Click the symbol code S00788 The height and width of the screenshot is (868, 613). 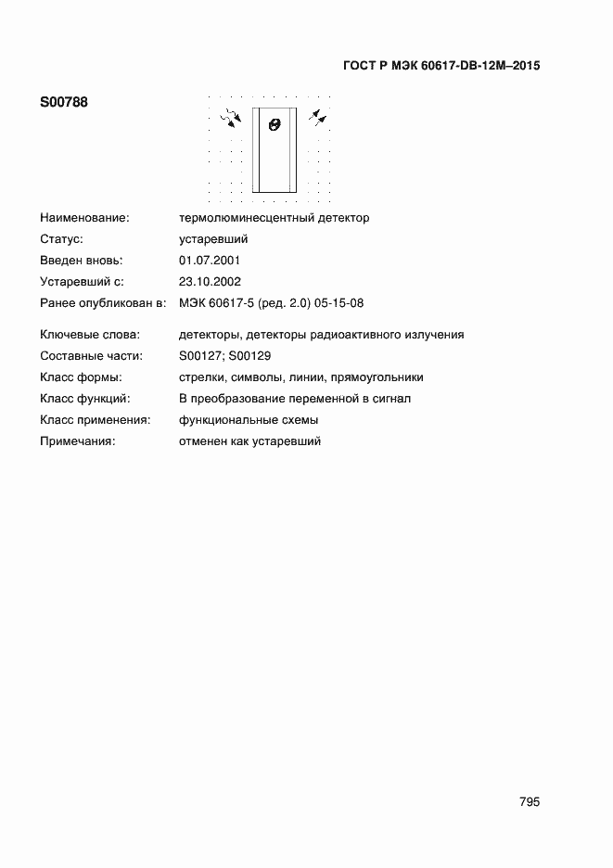64,103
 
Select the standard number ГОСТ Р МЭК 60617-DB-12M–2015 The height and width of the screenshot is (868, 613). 441,66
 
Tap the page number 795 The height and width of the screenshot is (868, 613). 530,802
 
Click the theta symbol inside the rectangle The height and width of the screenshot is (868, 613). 274,124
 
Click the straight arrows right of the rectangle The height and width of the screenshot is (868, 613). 318,116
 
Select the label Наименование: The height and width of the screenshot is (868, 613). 84,218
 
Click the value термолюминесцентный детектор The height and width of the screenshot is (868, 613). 274,218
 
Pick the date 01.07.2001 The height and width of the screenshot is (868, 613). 210,261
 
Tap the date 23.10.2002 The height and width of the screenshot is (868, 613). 210,282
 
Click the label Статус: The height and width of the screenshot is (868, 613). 62,239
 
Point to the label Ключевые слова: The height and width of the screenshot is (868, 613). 89,335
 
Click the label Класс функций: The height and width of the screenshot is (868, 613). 85,399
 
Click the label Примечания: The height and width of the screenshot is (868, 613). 77,441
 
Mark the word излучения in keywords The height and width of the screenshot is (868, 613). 436,335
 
